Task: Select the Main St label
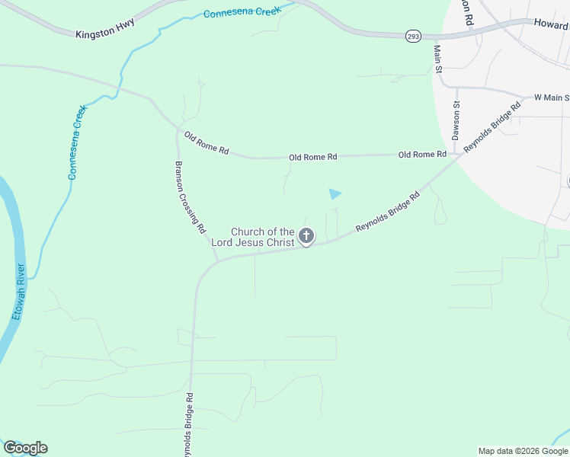[438, 59]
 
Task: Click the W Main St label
[552, 97]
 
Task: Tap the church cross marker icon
[306, 236]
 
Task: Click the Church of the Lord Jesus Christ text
[262, 237]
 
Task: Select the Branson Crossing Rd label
[191, 197]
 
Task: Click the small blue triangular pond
[335, 193]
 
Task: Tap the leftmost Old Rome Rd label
[207, 142]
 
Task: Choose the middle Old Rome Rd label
[312, 157]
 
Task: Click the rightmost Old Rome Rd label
[422, 155]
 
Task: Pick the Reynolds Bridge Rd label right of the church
[388, 213]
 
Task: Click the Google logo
[25, 448]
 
